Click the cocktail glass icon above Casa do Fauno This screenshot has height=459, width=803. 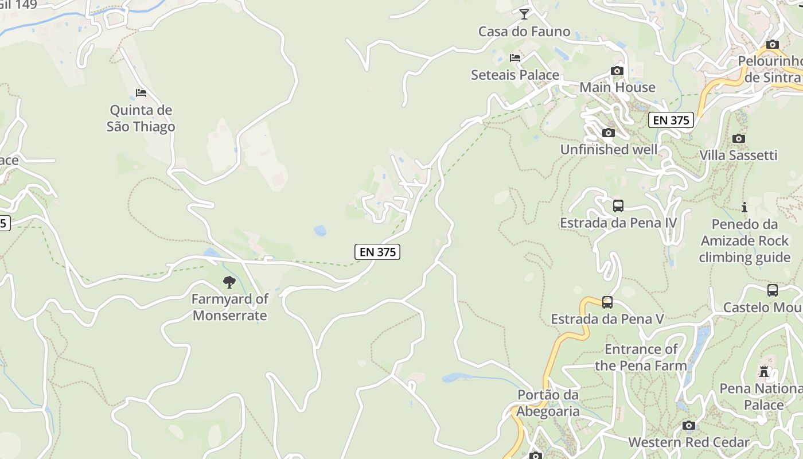pos(524,14)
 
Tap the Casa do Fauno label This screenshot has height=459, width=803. pos(524,32)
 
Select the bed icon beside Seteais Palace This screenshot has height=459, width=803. pos(515,57)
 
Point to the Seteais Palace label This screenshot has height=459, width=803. pos(514,75)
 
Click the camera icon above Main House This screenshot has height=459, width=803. pos(617,71)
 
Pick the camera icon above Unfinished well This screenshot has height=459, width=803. pos(609,133)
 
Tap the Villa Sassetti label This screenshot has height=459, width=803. pos(738,155)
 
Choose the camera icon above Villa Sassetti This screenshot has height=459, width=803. pos(739,138)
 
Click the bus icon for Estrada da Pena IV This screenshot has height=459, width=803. pos(618,206)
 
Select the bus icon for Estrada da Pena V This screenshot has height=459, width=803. pos(607,302)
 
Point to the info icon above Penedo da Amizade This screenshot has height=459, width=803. pos(744,207)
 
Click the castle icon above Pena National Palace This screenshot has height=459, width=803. pos(763,371)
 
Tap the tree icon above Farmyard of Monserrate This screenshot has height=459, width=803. pos(229,282)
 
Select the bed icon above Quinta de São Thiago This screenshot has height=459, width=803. pos(141,92)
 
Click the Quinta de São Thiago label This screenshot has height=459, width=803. pos(141,118)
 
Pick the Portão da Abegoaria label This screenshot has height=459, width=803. pos(548,403)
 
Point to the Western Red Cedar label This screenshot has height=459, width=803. pos(688,442)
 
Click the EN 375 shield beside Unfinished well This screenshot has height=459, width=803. pos(671,120)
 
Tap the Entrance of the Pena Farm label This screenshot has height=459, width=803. pos(641,357)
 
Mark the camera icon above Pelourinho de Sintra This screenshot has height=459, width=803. pos(773,44)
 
